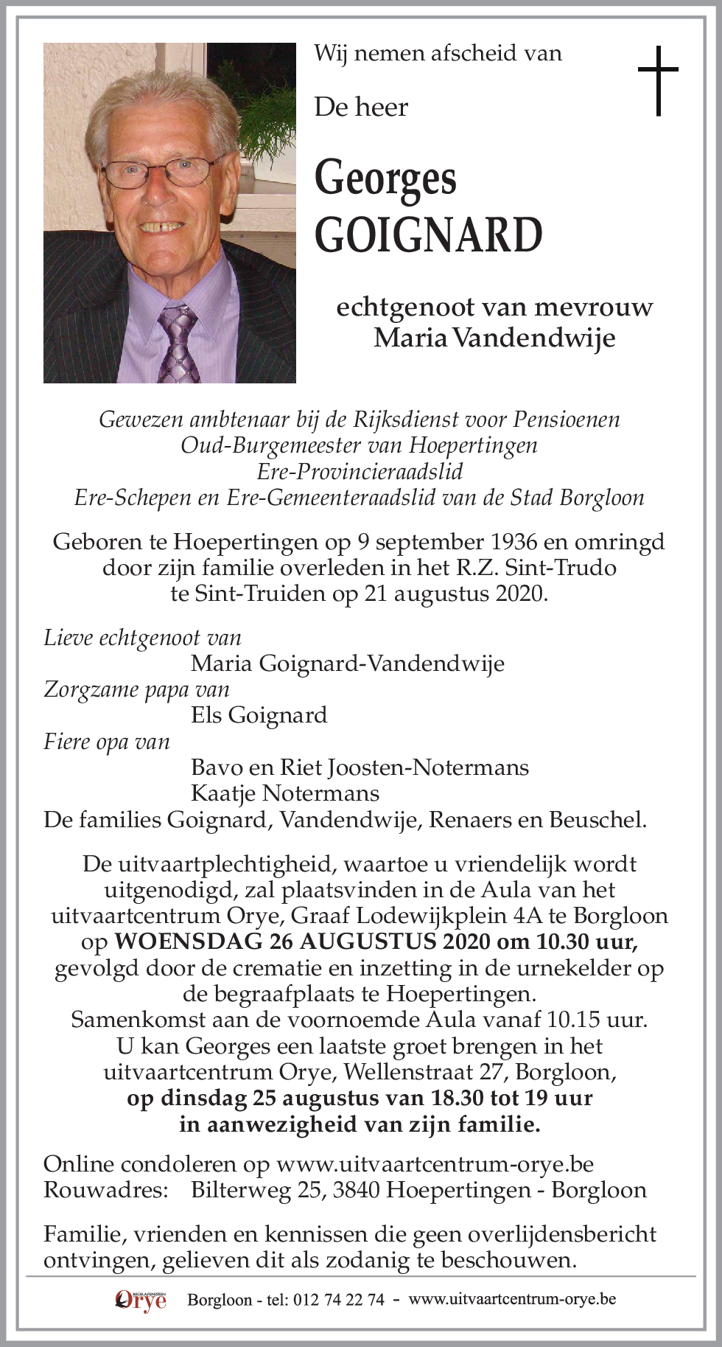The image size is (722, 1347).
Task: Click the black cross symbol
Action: (657, 80)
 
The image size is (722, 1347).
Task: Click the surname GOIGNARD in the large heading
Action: (428, 234)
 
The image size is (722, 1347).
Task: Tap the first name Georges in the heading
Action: (385, 179)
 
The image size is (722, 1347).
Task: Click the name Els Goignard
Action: (259, 715)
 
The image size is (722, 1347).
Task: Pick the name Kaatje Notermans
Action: (284, 793)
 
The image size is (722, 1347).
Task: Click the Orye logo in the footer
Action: (141, 1301)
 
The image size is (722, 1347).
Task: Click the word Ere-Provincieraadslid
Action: (360, 471)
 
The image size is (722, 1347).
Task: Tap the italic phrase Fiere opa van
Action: (107, 742)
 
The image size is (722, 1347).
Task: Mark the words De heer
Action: (361, 108)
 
